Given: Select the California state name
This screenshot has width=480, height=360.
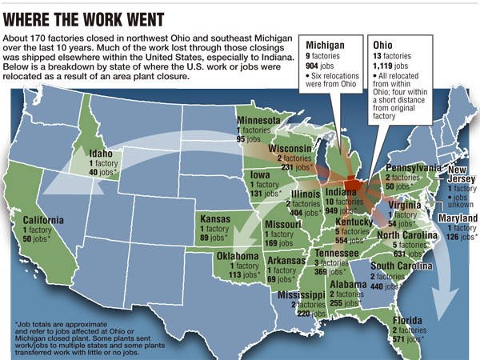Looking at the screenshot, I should tap(43, 220).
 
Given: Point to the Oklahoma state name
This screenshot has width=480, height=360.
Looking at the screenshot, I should tap(238, 256).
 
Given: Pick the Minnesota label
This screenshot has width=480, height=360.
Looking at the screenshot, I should tap(258, 121).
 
